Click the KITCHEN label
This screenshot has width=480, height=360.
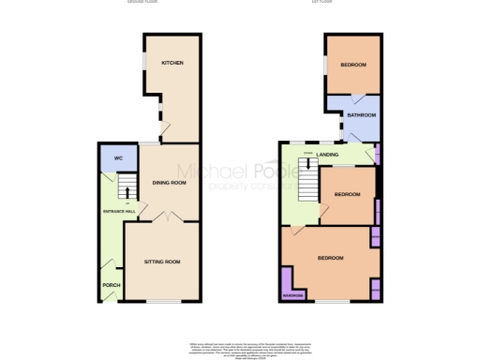(x=172, y=63)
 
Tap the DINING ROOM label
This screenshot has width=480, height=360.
(x=170, y=182)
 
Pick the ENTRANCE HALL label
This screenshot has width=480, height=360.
(x=119, y=212)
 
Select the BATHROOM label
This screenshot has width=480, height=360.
(x=361, y=115)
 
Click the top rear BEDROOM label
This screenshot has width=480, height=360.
(x=352, y=65)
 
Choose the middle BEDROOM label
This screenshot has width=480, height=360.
(x=347, y=193)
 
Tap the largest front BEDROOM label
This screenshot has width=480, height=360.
(x=329, y=258)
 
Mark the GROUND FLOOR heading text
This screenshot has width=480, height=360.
(x=143, y=3)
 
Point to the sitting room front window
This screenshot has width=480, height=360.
(x=159, y=301)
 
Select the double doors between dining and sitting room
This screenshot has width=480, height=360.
(x=162, y=218)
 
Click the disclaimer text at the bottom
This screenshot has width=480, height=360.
(x=240, y=348)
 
